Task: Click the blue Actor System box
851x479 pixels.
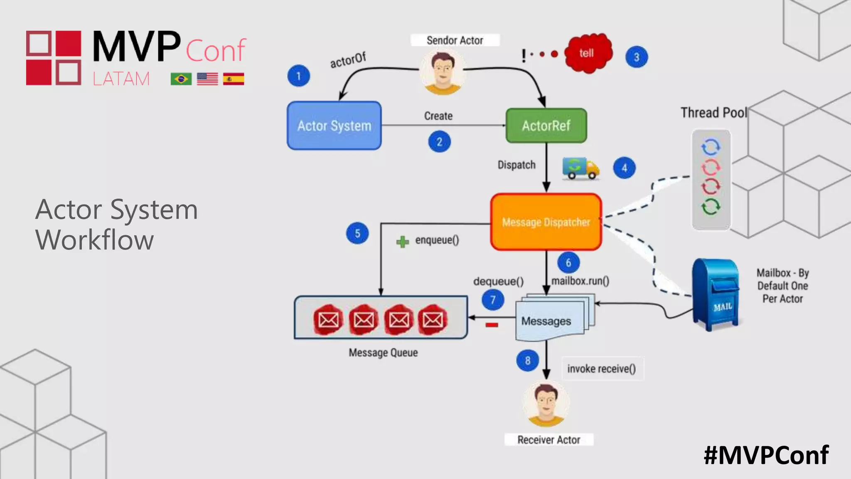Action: (334, 126)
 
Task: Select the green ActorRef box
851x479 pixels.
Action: (546, 126)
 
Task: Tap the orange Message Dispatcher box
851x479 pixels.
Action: (546, 222)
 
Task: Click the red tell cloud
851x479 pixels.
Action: (588, 53)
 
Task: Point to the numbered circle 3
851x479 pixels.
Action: (637, 57)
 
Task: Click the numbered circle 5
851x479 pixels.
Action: (357, 233)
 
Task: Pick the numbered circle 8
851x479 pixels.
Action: (528, 360)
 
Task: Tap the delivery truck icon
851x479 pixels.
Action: (580, 168)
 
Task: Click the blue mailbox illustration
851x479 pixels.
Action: (716, 294)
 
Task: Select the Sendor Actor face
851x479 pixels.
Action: (442, 73)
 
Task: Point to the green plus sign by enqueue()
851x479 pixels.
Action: (402, 242)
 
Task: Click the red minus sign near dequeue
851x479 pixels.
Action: (492, 325)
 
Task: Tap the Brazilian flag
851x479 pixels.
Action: (181, 79)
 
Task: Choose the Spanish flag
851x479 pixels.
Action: (234, 79)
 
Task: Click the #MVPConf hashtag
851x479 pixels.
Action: (766, 455)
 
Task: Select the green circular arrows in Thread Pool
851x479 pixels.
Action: (711, 207)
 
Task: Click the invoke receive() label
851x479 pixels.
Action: (601, 369)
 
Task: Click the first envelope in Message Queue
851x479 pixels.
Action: (328, 320)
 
